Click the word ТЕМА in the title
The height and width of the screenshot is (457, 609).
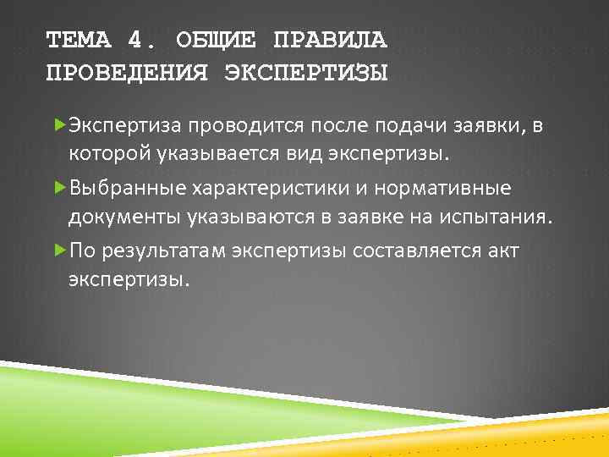(x=79, y=39)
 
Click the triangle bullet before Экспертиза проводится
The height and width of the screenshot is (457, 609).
(x=59, y=126)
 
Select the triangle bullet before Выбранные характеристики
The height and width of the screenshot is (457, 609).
(x=59, y=188)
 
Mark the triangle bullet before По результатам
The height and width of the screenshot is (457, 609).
(x=59, y=250)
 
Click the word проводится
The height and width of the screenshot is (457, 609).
(x=239, y=127)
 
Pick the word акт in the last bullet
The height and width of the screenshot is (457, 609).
(x=503, y=251)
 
